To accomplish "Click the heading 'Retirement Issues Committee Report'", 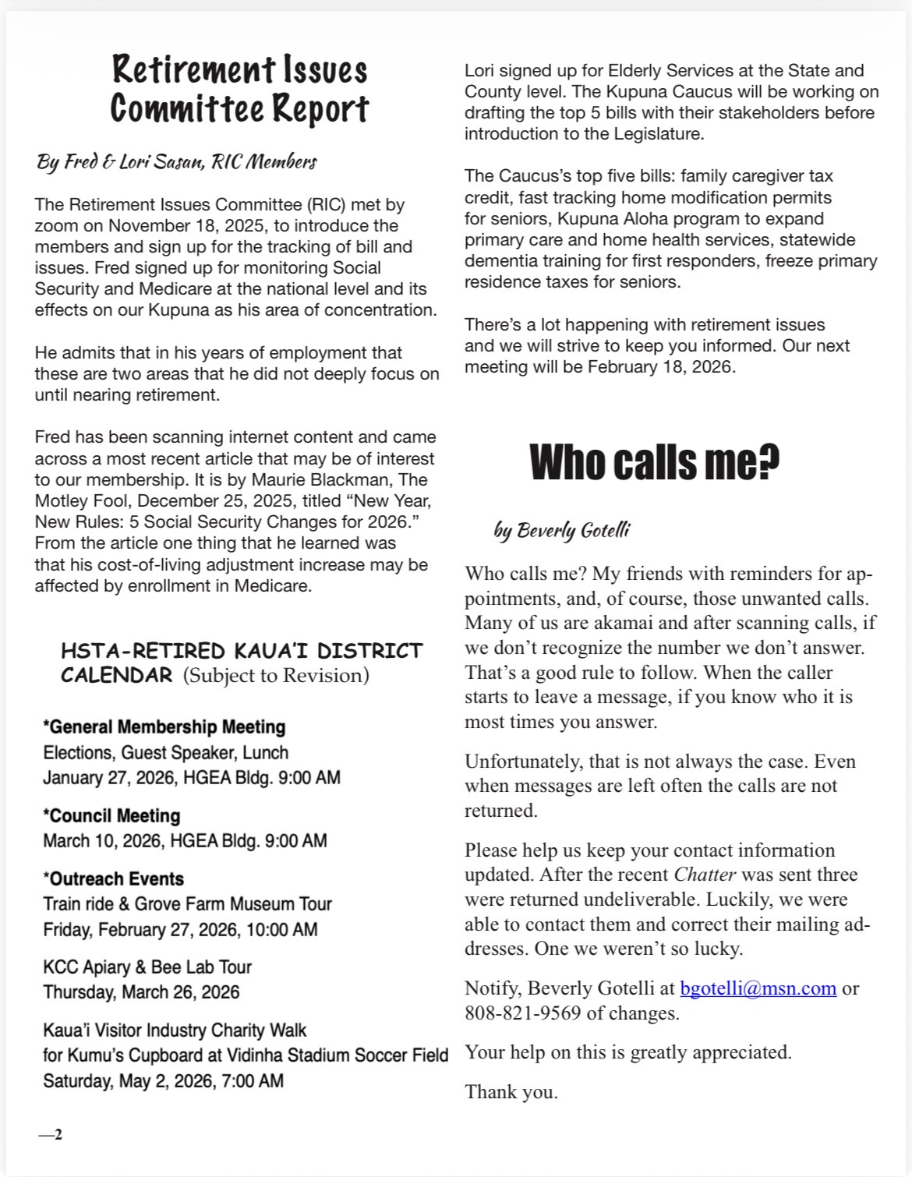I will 239,89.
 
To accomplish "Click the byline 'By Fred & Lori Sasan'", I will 176,162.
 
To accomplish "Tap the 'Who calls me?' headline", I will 654,462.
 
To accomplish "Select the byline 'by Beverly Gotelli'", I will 562,531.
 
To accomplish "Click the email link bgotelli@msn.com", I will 758,988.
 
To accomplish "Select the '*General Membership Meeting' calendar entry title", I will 164,727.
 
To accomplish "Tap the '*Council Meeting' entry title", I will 111,816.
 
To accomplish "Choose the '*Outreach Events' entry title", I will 114,878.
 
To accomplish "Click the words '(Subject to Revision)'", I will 276,675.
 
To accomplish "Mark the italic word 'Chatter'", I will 705,875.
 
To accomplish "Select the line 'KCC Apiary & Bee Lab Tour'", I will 147,967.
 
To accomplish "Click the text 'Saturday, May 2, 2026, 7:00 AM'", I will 163,1081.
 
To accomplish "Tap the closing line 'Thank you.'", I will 511,1092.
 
